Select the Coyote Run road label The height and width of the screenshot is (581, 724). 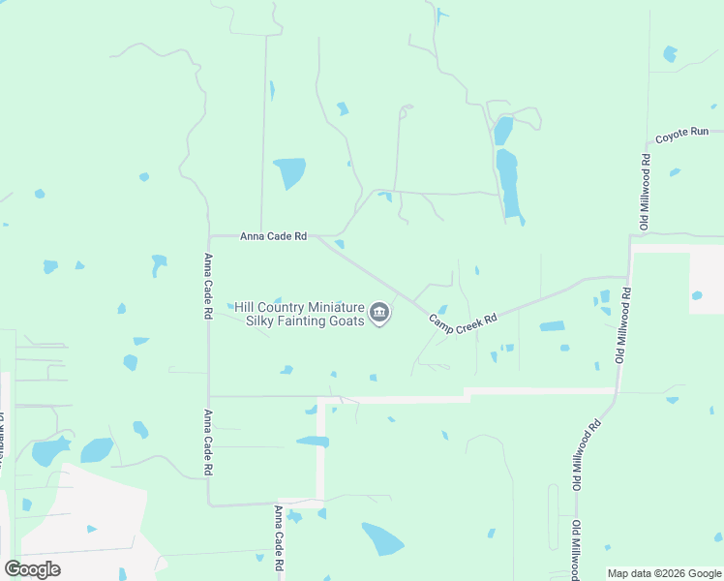point(682,137)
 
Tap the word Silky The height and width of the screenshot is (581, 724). point(262,321)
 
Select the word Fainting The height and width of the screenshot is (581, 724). point(305,321)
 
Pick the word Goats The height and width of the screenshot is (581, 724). point(347,321)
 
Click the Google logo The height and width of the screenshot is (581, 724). point(32,569)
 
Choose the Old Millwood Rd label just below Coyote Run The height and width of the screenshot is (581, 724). point(645,192)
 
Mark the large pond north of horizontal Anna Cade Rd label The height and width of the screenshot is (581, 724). point(289,172)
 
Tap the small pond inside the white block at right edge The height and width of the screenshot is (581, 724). point(696,295)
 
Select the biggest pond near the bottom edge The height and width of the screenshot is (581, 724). point(383,538)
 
